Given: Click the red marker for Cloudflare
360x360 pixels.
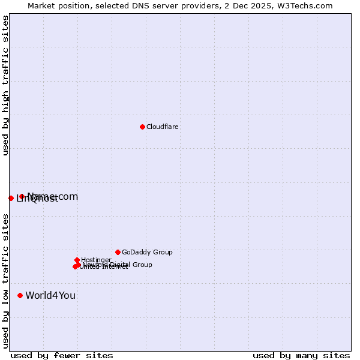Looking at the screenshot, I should point(142,127).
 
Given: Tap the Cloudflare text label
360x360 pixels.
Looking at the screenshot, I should point(163,127).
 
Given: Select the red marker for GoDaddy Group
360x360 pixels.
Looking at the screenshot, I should point(118,252).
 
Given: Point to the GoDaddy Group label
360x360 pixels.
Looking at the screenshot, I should point(147,253).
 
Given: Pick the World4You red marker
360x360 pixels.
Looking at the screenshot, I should point(20,295).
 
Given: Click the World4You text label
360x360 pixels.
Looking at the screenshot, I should point(50,295).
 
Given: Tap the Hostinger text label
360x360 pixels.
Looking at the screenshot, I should point(96,260).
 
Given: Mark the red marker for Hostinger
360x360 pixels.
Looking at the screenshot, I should point(77,260).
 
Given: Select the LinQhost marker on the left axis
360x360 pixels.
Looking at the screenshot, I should point(11,198).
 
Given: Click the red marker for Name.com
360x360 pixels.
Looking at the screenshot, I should point(22,196).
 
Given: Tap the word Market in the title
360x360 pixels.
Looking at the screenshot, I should point(41,5).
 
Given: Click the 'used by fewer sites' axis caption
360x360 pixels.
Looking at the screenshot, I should point(62,355).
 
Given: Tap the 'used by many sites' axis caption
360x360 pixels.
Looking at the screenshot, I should point(301,355).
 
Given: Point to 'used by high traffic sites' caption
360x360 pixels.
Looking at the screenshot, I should point(5,85).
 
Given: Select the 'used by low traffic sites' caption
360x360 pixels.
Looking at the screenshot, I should point(5,280).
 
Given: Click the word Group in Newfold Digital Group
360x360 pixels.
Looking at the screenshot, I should point(142,265).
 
